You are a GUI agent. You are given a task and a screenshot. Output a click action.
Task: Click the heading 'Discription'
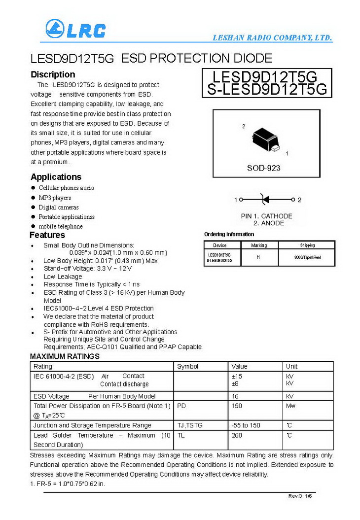(x=53, y=74)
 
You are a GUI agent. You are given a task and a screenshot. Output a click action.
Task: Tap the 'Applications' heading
(x=56, y=177)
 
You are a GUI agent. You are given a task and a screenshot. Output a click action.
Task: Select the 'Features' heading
(x=47, y=235)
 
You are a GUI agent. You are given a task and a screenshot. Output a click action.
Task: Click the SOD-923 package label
(x=263, y=168)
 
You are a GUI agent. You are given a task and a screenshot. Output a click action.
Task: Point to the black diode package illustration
(x=265, y=139)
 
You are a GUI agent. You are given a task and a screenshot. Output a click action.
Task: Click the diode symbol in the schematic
(x=265, y=200)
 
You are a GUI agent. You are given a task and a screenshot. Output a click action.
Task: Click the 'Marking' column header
(x=259, y=245)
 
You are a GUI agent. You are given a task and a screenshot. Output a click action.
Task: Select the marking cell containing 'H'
(x=258, y=257)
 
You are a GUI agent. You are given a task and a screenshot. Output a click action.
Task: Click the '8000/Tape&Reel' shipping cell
(x=307, y=257)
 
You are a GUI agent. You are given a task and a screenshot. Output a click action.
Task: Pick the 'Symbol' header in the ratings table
(x=188, y=366)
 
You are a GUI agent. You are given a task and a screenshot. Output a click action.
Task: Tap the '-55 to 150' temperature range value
(x=246, y=425)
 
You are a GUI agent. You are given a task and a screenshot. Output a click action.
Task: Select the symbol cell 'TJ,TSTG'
(x=190, y=425)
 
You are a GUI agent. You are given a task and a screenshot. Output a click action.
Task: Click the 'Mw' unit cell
(x=291, y=406)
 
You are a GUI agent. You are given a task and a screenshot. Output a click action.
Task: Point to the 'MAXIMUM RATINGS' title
(x=65, y=356)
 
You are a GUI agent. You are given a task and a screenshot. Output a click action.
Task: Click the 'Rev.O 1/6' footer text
(x=300, y=496)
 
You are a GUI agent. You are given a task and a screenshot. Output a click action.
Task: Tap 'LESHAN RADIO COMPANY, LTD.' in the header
(x=272, y=38)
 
